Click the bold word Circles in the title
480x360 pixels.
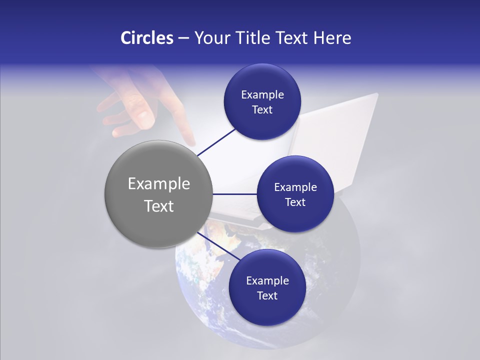click(146, 38)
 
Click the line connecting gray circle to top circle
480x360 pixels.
click(216, 142)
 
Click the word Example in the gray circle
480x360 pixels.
click(159, 184)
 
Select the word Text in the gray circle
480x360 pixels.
click(159, 206)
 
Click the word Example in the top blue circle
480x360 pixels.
click(262, 95)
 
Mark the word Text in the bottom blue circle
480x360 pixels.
click(267, 296)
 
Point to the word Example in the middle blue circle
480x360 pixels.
click(295, 187)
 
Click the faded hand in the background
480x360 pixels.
click(135, 100)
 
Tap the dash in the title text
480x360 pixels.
click(183, 38)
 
